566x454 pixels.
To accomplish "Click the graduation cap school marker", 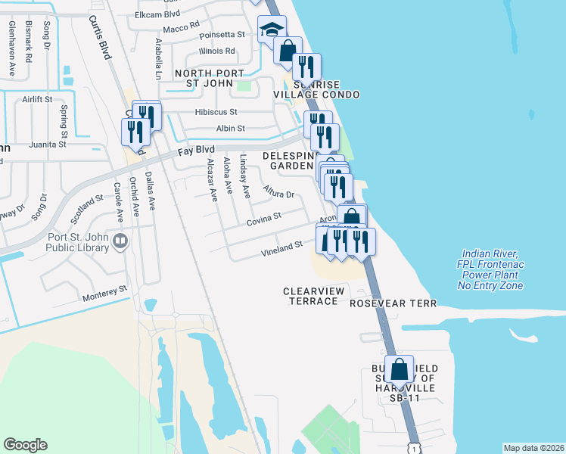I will (x=271, y=30).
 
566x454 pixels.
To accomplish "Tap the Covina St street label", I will (x=263, y=218).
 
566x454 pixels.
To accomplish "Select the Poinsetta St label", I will (x=222, y=35).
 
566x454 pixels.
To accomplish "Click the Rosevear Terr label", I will (x=393, y=303).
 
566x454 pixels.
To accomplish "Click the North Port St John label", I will (x=210, y=78).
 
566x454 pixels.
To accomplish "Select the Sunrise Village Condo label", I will (x=325, y=89).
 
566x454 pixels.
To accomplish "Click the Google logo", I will (x=25, y=445).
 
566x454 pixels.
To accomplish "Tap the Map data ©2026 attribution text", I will (x=533, y=448).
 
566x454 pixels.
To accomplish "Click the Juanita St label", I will (x=48, y=144).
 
